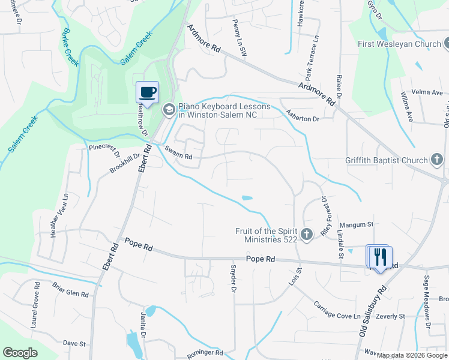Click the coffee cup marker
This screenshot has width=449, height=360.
coord(148,92)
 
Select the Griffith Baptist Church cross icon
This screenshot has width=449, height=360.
coord(438,160)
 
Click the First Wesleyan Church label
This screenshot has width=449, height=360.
coord(399,44)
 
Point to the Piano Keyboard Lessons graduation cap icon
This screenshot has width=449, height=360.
coord(169,109)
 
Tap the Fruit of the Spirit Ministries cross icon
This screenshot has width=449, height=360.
coord(307,235)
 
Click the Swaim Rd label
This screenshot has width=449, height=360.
coord(179,157)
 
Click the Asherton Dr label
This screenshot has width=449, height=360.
coord(303,119)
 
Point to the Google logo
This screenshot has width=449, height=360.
coord(20,353)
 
